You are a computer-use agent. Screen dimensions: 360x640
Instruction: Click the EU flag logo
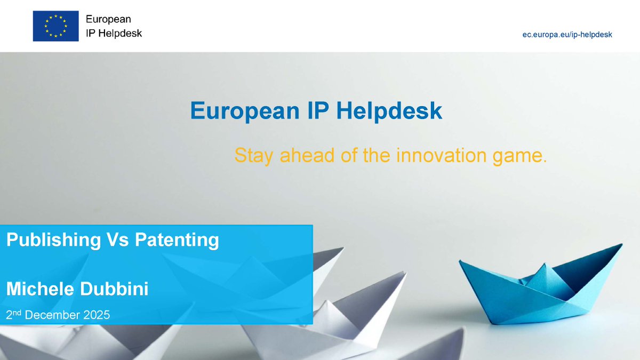click(x=55, y=26)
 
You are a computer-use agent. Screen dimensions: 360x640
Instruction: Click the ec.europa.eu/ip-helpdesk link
click(x=567, y=34)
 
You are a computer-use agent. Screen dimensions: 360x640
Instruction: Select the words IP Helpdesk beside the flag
click(x=114, y=33)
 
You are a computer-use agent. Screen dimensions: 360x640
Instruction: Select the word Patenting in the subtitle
click(x=177, y=241)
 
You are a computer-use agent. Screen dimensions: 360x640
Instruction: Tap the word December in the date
click(x=53, y=315)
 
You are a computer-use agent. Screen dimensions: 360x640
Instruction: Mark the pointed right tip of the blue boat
click(x=621, y=245)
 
